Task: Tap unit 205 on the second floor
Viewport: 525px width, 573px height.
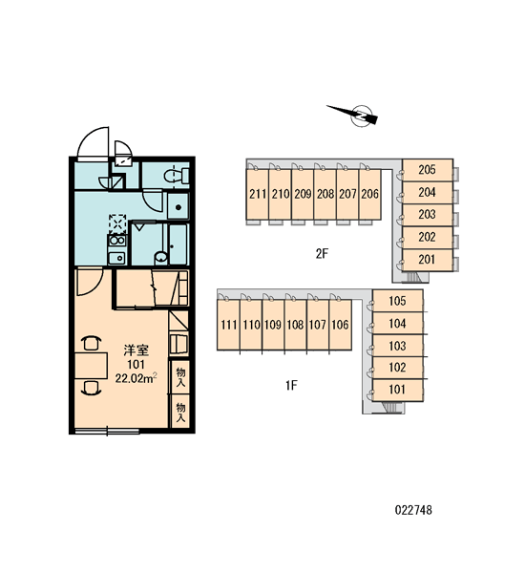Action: click(428, 170)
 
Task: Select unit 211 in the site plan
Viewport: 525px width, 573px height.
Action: click(258, 194)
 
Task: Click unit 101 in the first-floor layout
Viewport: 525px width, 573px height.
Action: click(397, 390)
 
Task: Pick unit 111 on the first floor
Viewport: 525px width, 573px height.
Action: click(229, 325)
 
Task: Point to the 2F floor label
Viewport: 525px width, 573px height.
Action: click(323, 254)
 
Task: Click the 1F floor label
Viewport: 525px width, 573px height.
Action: click(291, 385)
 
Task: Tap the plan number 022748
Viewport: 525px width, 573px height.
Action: click(413, 510)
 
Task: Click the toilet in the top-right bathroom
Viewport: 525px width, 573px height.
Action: click(177, 176)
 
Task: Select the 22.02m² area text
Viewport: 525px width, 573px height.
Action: click(136, 378)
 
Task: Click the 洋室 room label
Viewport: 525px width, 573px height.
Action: click(136, 350)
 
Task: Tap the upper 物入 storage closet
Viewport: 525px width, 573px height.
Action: click(180, 377)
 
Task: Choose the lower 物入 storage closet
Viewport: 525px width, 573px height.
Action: click(180, 412)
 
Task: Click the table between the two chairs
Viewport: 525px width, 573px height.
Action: click(92, 366)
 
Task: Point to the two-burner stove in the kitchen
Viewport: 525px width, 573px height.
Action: click(116, 242)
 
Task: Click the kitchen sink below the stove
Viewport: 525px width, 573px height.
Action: click(117, 258)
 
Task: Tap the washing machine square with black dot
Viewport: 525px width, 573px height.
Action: click(178, 207)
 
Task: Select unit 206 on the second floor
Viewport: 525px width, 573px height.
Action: click(369, 194)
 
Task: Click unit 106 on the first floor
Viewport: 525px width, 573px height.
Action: click(340, 325)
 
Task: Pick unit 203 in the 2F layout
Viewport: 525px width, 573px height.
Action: click(428, 215)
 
